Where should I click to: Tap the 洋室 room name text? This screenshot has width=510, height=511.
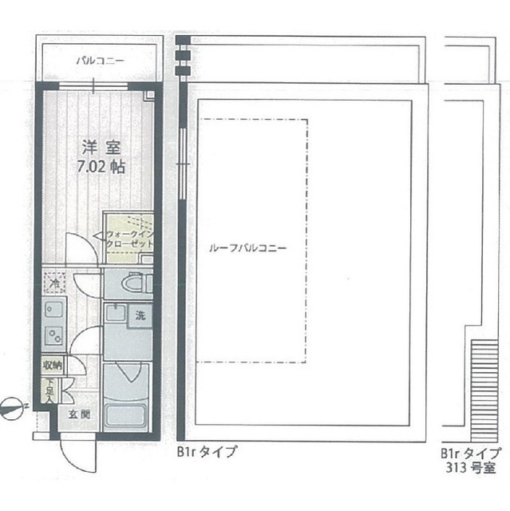coord(103,148)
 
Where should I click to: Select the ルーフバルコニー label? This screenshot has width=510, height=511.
coord(247,247)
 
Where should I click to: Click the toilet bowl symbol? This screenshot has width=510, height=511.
coord(128,282)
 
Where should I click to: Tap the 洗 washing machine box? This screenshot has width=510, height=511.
coord(140,315)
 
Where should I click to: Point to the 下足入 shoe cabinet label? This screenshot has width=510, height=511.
coord(50,389)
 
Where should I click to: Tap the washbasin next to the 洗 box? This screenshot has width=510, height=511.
coord(117,316)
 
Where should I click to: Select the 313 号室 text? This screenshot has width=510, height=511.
coord(466,466)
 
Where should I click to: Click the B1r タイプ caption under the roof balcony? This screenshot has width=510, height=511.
coord(207,452)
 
